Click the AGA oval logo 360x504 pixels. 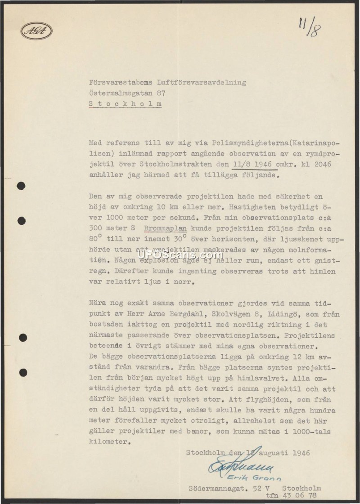(x=36, y=31)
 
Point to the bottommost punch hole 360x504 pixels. (x=22, y=372)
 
